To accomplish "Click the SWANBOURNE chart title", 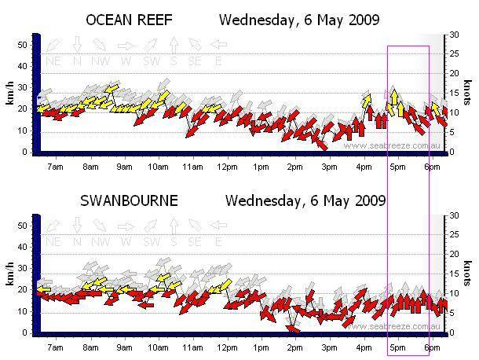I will [x=130, y=200].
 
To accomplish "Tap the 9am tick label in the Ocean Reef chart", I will [x=124, y=167].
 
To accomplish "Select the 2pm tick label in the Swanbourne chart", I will [x=295, y=347].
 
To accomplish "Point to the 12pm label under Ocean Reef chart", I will [x=227, y=167].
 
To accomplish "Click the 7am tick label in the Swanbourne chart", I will [x=56, y=347].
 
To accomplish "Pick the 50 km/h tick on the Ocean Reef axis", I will [x=23, y=45].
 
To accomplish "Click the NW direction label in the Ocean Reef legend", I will [x=99, y=61].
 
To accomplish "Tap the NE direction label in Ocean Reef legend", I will [x=54, y=61].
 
